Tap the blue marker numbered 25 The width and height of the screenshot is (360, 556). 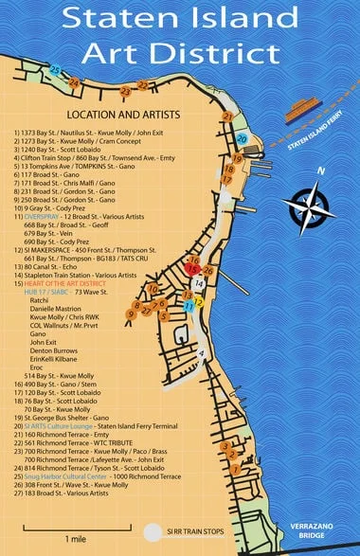tap(56, 70)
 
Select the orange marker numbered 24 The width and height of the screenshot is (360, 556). tap(74, 83)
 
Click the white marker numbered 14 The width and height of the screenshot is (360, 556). tap(199, 281)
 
